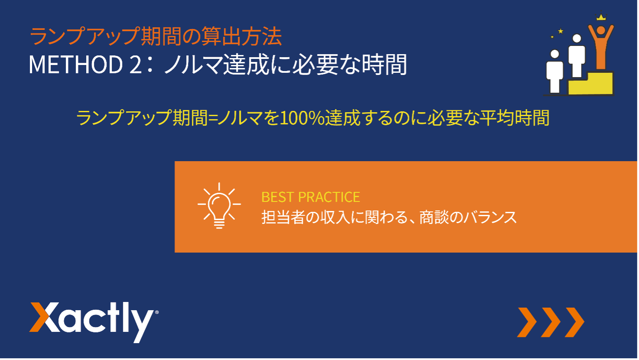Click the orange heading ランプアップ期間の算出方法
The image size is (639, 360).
click(x=156, y=36)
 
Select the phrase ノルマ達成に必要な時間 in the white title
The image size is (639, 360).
click(x=285, y=65)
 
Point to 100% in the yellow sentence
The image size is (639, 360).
click(x=302, y=118)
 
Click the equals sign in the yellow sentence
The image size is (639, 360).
click(x=213, y=118)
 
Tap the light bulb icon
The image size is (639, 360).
click(x=219, y=206)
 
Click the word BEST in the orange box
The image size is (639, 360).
click(x=277, y=197)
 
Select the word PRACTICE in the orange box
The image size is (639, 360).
click(x=329, y=197)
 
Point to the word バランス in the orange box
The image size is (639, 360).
click(x=490, y=217)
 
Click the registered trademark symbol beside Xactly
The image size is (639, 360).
click(x=156, y=312)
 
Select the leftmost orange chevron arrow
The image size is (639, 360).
click(x=527, y=322)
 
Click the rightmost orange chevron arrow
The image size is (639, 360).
click(x=574, y=322)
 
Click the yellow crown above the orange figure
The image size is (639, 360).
click(x=601, y=16)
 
